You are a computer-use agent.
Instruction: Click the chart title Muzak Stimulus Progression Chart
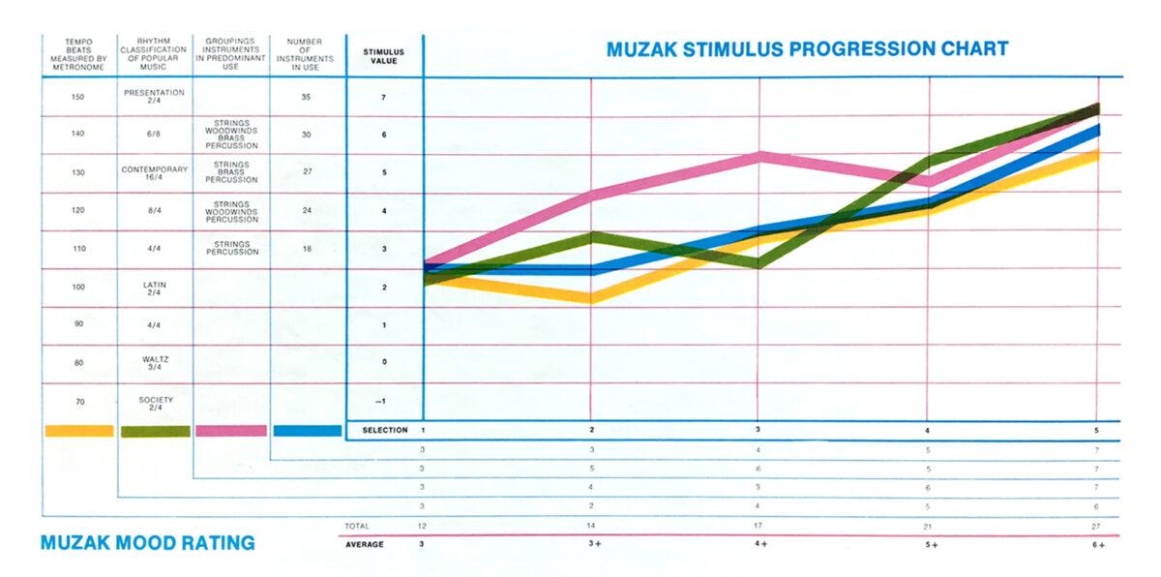(x=807, y=49)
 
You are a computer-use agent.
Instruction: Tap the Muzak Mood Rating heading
(x=148, y=543)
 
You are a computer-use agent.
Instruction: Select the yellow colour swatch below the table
(x=78, y=431)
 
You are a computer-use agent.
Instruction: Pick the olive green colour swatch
(x=155, y=431)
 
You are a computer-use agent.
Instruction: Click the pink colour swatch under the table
(x=231, y=431)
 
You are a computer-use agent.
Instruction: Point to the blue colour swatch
(x=308, y=431)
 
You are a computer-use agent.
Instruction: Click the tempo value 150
(x=78, y=97)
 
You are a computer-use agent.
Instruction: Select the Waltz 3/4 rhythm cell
(x=154, y=363)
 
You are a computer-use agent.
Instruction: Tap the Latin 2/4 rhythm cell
(x=154, y=288)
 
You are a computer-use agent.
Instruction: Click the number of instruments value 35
(x=307, y=97)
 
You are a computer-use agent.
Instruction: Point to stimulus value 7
(x=384, y=98)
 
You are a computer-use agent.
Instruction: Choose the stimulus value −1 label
(x=384, y=401)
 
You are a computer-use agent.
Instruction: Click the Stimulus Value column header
(x=384, y=55)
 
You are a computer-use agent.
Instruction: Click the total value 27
(x=1096, y=526)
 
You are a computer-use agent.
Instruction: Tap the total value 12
(x=423, y=526)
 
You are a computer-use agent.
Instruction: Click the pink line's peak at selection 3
(x=760, y=156)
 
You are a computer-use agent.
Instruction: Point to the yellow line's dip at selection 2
(x=589, y=297)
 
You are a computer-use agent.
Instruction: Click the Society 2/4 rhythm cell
(x=154, y=402)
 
